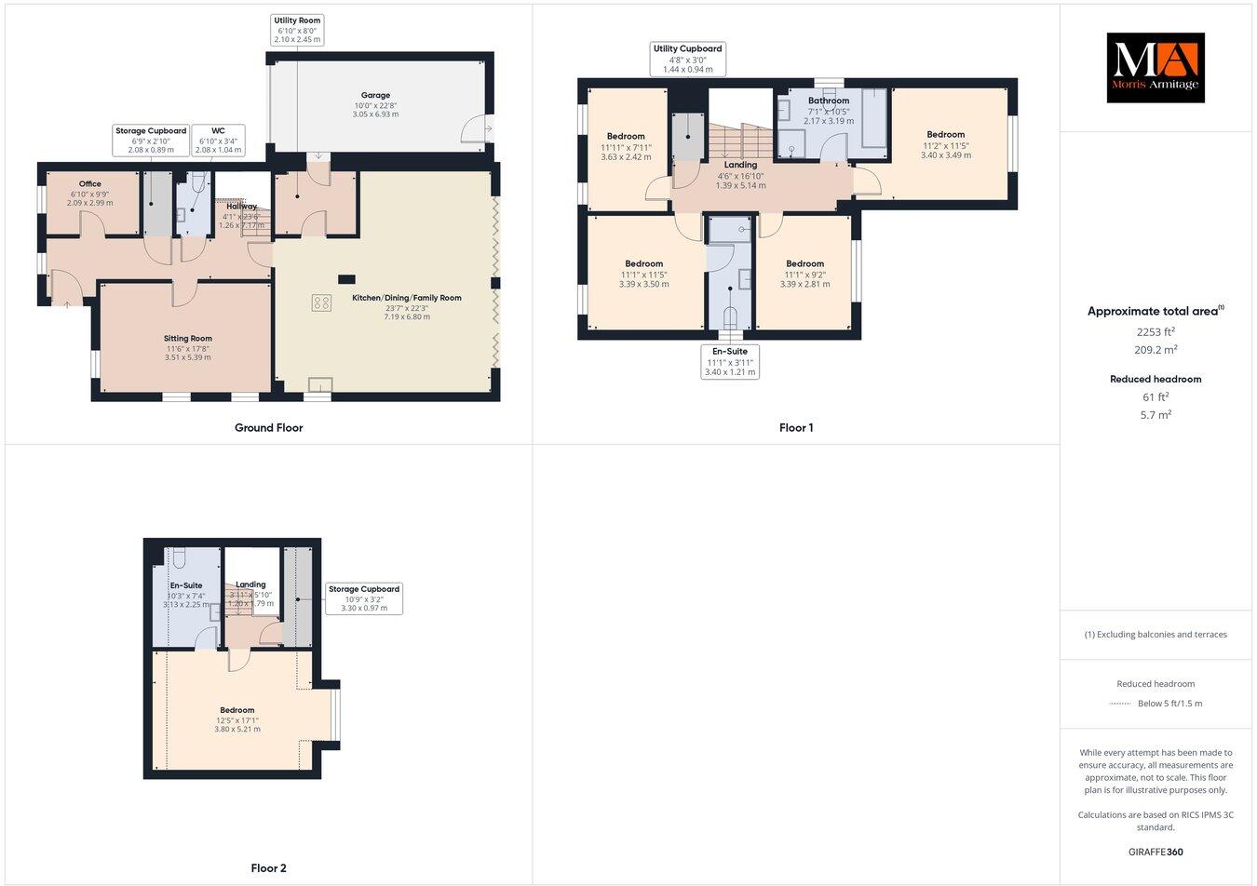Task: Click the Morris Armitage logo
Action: coord(1155,67)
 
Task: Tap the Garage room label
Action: coord(375,104)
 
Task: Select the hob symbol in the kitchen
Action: coord(321,302)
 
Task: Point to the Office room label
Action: coord(89,193)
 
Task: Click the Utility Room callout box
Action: coord(298,30)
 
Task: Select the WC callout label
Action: coord(218,140)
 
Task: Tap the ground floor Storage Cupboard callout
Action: coord(151,140)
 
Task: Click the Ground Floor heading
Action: coord(268,428)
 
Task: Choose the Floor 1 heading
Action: coord(796,428)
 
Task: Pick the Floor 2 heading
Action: coord(268,868)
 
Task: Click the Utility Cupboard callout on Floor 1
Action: coord(687,59)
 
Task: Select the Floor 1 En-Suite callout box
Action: coord(730,362)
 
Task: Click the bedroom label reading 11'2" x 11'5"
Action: coord(945,144)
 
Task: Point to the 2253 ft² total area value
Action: coord(1155,331)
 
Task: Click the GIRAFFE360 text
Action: coord(1156,852)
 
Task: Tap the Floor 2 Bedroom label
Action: coord(237,719)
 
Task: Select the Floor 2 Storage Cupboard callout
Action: coord(364,598)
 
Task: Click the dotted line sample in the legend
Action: coord(1120,704)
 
